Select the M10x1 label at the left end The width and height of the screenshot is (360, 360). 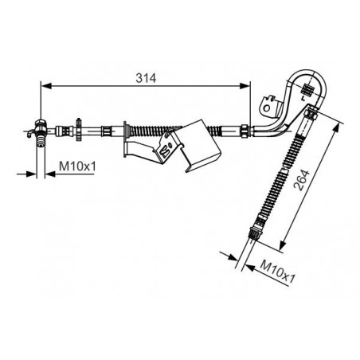tap(77, 166)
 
